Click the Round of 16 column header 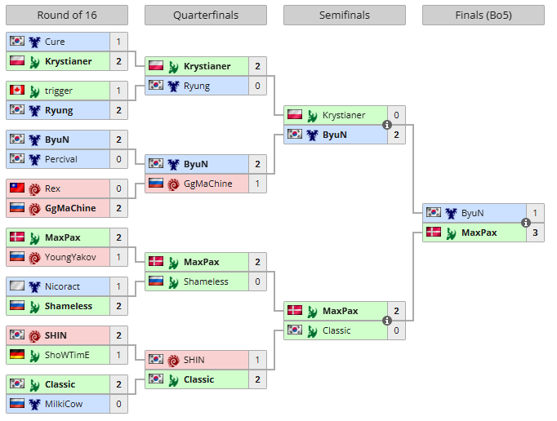point(67,16)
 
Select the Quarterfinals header point(205,16)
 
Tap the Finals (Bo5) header point(483,16)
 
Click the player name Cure point(56,42)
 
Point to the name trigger point(59,91)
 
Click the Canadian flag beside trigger point(16,91)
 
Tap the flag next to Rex point(16,188)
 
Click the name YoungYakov point(70,257)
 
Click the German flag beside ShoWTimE point(16,355)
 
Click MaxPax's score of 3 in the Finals point(535,233)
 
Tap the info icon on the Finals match point(526,223)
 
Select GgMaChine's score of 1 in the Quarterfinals point(257,184)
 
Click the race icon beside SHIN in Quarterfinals point(173,360)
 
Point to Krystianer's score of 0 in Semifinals point(396,115)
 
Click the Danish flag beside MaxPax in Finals point(433,233)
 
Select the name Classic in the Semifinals point(336,330)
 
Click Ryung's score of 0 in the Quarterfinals point(257,86)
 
